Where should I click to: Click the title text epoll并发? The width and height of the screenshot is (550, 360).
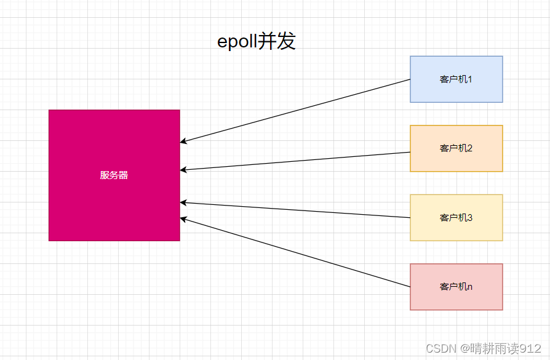coord(257,41)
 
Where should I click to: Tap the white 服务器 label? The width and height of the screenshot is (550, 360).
coord(114,175)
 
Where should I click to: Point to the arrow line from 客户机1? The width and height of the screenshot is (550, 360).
coord(295,111)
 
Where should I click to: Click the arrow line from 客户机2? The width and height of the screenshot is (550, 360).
coord(295,161)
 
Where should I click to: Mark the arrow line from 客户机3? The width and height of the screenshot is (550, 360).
coord(295,210)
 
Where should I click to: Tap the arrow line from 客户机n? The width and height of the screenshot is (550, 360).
coord(295,252)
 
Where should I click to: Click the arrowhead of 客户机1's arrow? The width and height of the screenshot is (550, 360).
coord(183,142)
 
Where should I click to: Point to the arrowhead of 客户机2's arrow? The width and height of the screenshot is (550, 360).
coord(183,170)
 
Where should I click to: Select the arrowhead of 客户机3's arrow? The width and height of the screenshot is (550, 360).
coord(183,202)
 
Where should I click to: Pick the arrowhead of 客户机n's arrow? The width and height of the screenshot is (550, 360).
coord(183,218)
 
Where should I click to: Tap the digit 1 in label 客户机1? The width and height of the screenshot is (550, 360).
coord(470,79)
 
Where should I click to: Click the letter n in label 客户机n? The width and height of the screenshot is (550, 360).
coord(470,287)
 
